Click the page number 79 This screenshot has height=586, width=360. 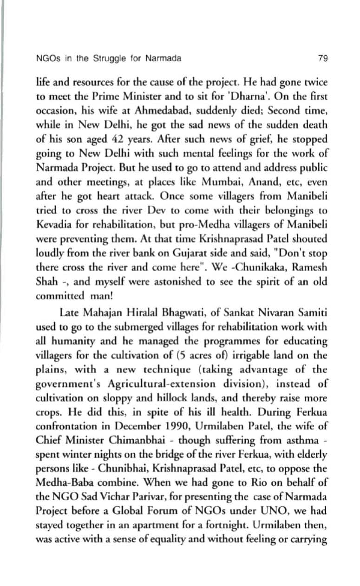pos(323,59)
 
